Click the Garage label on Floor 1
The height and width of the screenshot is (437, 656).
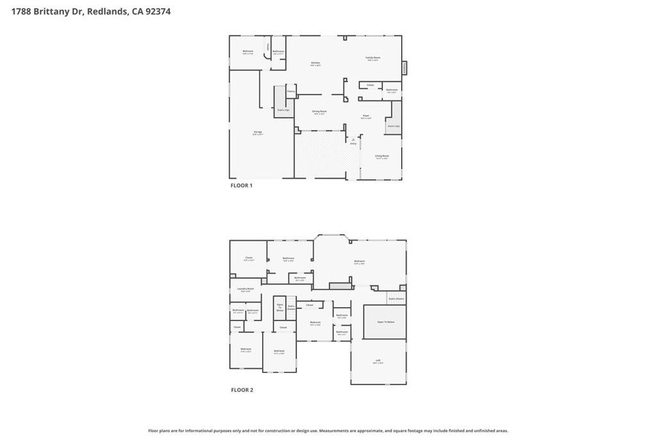(258, 132)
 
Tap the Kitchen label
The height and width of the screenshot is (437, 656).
(316, 63)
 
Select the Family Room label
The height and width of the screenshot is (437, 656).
(373, 58)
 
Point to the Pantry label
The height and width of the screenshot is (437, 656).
(290, 91)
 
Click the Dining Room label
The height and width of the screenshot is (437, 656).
(319, 112)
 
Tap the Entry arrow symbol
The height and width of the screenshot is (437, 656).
(353, 139)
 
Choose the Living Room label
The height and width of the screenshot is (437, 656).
(382, 156)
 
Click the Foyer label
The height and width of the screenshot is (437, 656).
(366, 116)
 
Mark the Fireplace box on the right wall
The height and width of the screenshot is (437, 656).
(405, 67)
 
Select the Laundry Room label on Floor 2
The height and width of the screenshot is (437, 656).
(245, 289)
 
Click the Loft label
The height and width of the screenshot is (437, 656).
(378, 361)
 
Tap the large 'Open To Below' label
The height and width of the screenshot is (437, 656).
(386, 322)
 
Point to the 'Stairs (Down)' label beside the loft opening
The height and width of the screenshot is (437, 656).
(395, 299)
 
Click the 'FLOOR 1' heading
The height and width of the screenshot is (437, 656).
(242, 186)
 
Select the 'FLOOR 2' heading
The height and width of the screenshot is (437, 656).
(242, 390)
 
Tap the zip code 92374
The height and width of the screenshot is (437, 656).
(157, 11)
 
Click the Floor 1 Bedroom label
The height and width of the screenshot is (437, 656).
(248, 52)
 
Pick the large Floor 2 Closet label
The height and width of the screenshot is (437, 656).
(249, 258)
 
